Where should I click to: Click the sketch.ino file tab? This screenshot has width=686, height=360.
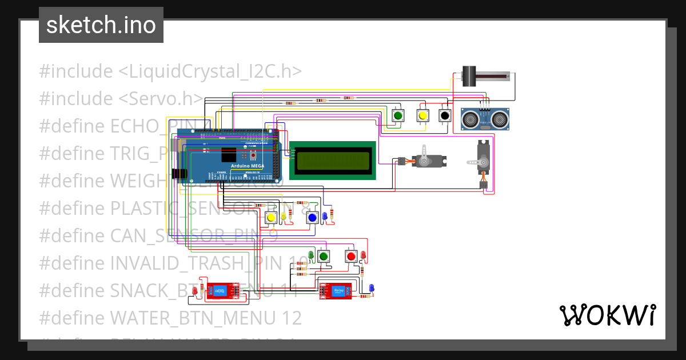pos(101,25)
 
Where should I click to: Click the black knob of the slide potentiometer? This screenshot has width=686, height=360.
pos(469,76)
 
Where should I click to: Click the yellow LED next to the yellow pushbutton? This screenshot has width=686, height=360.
pos(283,217)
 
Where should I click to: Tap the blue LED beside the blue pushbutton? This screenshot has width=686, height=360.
pos(325,215)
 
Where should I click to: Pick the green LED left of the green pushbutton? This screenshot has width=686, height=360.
pos(311,254)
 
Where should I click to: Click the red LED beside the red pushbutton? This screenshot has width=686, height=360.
pos(363,254)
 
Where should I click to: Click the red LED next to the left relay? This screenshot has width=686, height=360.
pos(194,291)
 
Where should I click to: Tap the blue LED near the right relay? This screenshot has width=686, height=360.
pos(371,287)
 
